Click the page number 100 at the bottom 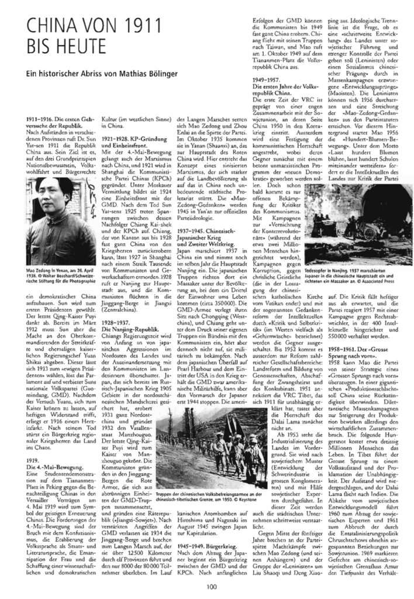click(207, 586)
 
